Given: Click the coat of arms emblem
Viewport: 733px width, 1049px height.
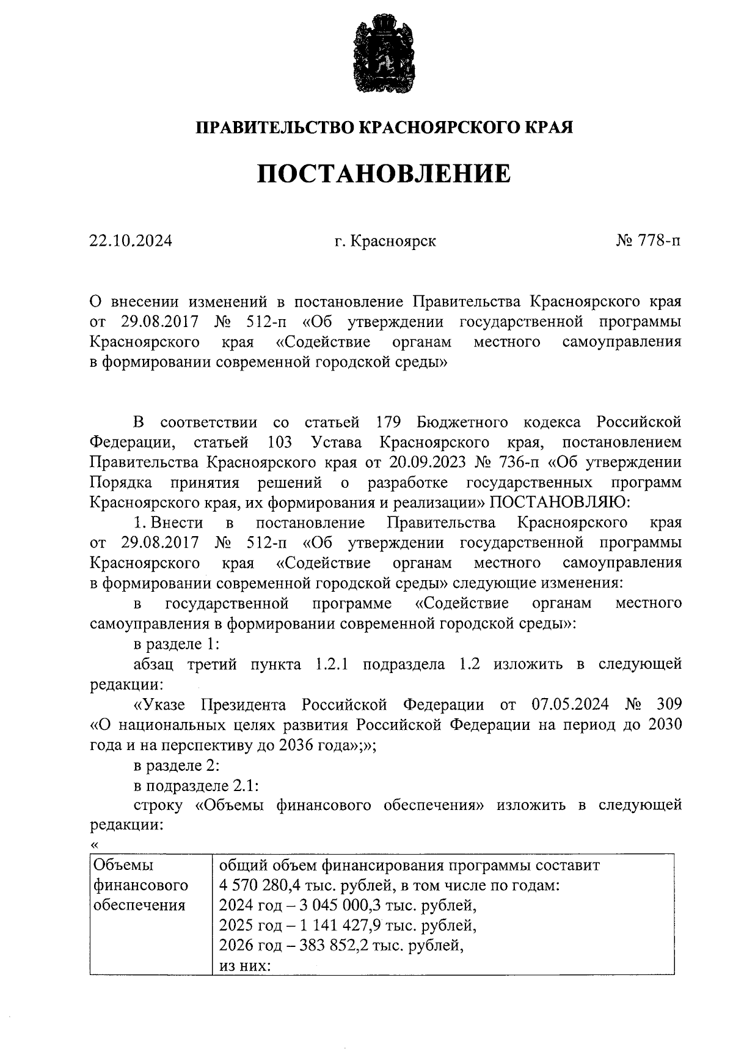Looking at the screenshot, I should pos(384,56).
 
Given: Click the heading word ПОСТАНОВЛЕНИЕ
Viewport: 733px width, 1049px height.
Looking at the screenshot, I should pos(384,174).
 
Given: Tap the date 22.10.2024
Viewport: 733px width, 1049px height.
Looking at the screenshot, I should pos(131,241).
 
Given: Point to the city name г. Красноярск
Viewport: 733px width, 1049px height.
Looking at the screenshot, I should pos(385,241).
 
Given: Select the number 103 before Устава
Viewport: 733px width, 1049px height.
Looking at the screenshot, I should pos(279,443).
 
